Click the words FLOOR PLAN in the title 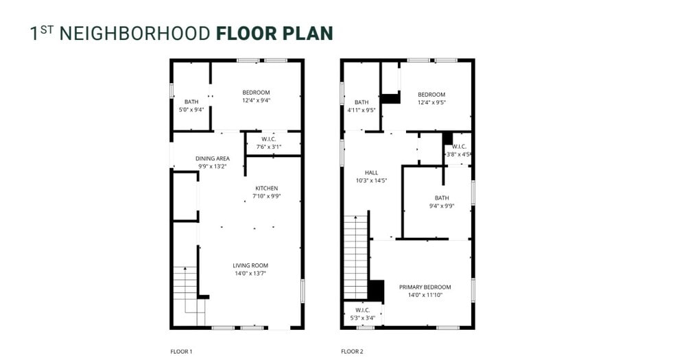(x=274, y=33)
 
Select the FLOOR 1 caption (x=181, y=352)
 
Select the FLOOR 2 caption (x=352, y=352)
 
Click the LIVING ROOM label (x=250, y=265)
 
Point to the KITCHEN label (x=266, y=188)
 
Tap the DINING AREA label (x=212, y=158)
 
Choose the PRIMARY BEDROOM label (x=425, y=287)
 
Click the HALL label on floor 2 (x=370, y=173)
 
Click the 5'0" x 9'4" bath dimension (x=191, y=109)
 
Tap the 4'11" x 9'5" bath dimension (x=361, y=110)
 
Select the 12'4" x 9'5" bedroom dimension (x=431, y=102)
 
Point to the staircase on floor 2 (x=355, y=256)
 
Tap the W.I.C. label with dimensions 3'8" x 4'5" (x=459, y=146)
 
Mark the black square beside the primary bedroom (x=376, y=290)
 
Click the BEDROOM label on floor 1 (x=256, y=93)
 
